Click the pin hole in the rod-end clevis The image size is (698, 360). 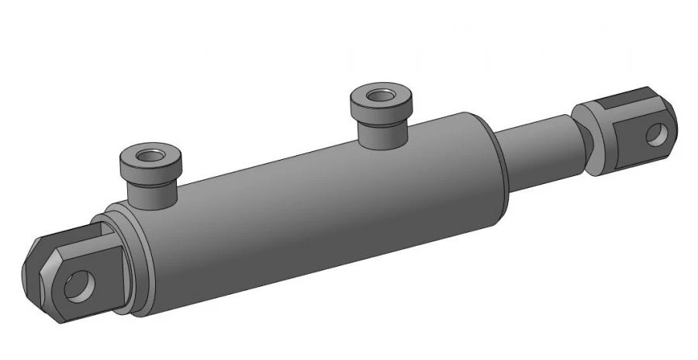tap(657, 134)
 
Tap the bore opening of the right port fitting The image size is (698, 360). tap(380, 97)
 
